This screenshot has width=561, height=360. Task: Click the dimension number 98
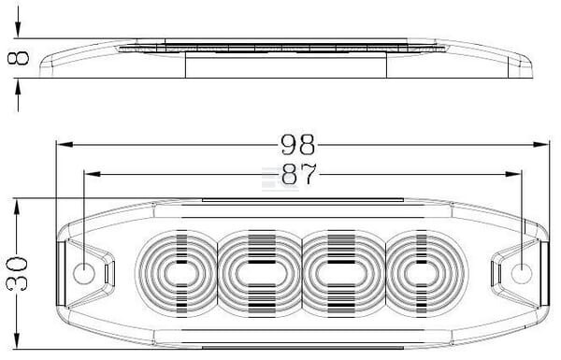click(x=297, y=144)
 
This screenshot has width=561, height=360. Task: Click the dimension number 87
click(x=299, y=174)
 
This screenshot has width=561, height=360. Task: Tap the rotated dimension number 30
click(x=17, y=274)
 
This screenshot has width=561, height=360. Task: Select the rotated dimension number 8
click(x=18, y=58)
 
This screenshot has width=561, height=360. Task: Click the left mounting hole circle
click(x=84, y=273)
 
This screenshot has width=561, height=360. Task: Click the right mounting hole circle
click(x=522, y=274)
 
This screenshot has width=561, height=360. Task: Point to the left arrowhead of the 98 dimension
click(x=65, y=145)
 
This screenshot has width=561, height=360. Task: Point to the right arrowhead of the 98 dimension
click(x=540, y=145)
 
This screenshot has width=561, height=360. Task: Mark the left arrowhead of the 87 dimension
click(x=92, y=174)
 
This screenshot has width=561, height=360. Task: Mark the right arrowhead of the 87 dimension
click(x=513, y=174)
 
